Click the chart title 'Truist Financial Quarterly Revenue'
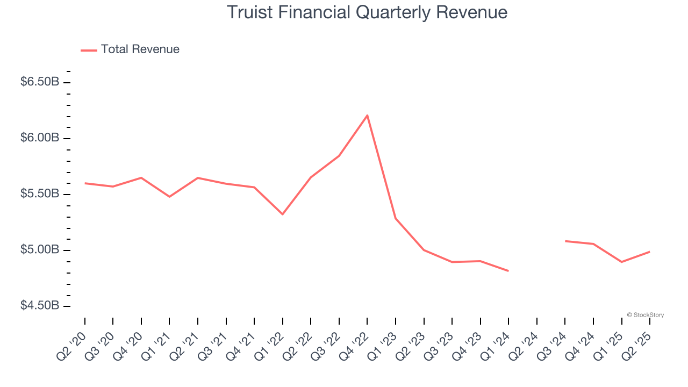click(367, 12)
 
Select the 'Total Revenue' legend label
click(140, 49)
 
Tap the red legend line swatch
click(89, 50)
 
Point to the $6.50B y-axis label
click(40, 82)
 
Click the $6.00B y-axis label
click(40, 138)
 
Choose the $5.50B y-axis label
click(40, 194)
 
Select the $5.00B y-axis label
click(40, 250)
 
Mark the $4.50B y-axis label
click(40, 306)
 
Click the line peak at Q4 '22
click(367, 115)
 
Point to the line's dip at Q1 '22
click(283, 214)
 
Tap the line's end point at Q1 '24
click(508, 271)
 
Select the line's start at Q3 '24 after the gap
click(565, 241)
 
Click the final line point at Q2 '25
click(650, 252)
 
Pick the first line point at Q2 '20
click(85, 183)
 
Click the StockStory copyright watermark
click(645, 315)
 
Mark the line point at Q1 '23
click(396, 218)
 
